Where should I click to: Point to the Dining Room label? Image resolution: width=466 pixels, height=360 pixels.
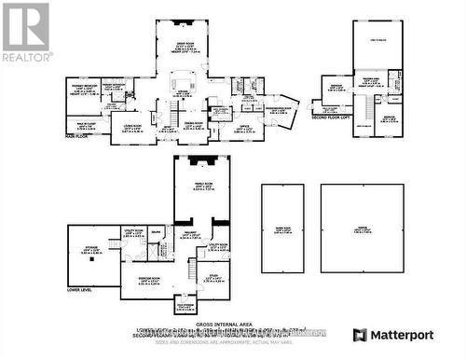[x=193, y=124]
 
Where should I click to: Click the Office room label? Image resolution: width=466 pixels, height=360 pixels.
[x=243, y=126]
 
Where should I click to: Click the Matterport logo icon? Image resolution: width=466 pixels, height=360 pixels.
[x=360, y=335]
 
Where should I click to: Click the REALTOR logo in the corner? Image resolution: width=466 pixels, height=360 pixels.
[x=25, y=32]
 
